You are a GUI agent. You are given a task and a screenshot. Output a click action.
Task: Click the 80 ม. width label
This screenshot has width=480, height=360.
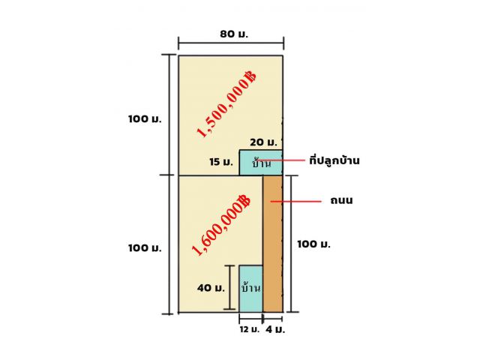click(x=234, y=34)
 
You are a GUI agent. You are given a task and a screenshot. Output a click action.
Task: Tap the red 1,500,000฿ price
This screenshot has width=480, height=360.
click(x=226, y=104)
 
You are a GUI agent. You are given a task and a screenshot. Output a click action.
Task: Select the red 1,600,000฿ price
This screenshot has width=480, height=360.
click(x=221, y=225)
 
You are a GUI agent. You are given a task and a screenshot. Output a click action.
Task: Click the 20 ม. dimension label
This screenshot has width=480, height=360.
click(x=263, y=142)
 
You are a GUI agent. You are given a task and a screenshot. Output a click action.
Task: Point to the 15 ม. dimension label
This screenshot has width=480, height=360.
click(x=221, y=162)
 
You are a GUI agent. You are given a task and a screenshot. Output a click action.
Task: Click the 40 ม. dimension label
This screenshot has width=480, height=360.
click(x=211, y=288)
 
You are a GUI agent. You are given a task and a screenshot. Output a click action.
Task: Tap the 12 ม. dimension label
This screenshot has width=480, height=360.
click(x=250, y=330)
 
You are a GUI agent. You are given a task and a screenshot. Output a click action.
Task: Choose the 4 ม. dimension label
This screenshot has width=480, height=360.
click(x=275, y=330)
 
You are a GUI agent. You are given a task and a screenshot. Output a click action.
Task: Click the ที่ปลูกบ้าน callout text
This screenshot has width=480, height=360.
click(x=334, y=160)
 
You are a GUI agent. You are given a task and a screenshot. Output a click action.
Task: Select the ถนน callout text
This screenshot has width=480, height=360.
click(x=341, y=200)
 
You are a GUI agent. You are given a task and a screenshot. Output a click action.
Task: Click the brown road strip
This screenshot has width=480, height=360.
click(x=273, y=244)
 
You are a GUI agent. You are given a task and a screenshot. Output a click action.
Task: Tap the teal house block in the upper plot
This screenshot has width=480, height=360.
click(x=261, y=163)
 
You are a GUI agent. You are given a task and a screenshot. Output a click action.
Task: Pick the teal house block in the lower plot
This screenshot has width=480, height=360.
click(x=251, y=289)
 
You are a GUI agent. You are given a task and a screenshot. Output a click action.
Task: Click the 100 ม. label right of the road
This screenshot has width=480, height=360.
click(x=313, y=244)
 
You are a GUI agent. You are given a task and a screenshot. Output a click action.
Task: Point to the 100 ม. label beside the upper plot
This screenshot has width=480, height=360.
click(x=145, y=118)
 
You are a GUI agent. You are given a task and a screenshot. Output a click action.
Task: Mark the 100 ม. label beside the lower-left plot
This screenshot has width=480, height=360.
click(x=145, y=247)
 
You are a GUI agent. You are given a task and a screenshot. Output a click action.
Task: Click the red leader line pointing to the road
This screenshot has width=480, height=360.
click(x=295, y=202)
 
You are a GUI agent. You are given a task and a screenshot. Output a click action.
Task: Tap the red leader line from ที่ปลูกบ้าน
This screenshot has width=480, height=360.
click(x=280, y=160)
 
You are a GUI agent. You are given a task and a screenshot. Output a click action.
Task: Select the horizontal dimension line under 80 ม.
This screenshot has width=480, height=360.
click(x=231, y=43)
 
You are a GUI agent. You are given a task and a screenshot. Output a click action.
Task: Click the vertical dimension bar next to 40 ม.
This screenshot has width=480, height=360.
click(x=229, y=287)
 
